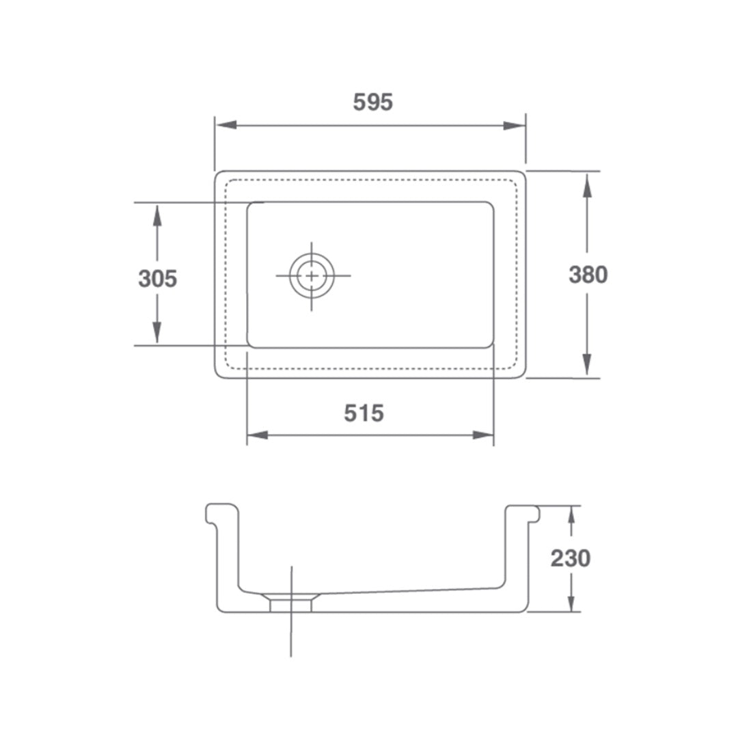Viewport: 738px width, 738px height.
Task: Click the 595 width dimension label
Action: point(373,102)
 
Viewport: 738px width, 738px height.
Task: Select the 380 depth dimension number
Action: point(588,275)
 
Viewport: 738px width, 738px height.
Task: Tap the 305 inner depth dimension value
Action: point(158,279)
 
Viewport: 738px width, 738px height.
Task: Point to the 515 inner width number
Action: point(364,413)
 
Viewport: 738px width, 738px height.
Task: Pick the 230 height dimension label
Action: point(571,558)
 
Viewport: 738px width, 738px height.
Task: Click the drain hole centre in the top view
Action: point(312,276)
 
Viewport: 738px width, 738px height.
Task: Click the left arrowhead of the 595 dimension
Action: point(225,125)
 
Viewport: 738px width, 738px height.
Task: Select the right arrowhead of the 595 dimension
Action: point(515,125)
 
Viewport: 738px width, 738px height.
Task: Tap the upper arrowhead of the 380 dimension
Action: point(587,184)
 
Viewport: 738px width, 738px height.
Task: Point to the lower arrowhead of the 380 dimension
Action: point(587,364)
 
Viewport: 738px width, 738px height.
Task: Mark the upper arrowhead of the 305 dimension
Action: point(157,216)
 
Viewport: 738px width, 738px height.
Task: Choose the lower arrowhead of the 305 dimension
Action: point(157,333)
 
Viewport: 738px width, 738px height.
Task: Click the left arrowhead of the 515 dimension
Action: point(257,435)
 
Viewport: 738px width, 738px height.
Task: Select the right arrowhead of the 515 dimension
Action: point(483,435)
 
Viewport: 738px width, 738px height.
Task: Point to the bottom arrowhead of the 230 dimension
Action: point(571,602)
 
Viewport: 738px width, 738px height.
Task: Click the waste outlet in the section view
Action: point(291,603)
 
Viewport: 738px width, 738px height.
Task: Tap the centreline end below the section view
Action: point(291,655)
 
